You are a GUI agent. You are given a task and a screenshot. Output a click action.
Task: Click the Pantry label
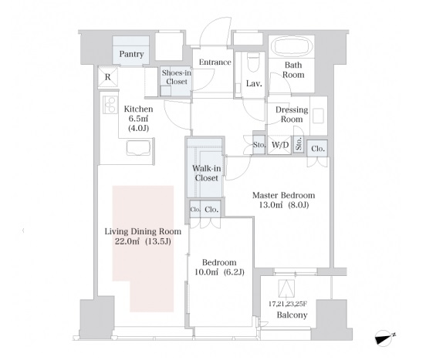pos(131,54)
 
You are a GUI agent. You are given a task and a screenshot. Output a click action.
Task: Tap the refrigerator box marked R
pos(108,77)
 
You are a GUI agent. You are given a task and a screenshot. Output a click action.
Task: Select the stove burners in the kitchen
pos(110,104)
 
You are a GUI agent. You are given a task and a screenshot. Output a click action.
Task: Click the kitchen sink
pos(138,148)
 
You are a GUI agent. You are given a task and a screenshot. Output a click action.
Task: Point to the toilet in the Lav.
pos(253,62)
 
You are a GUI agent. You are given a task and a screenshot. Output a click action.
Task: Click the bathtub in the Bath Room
pos(292,46)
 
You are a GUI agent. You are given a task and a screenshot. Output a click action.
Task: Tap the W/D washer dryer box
pos(280,145)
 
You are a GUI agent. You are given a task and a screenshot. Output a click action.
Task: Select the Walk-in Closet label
pos(207,173)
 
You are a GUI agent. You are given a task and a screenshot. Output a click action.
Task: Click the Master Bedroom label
pos(284,195)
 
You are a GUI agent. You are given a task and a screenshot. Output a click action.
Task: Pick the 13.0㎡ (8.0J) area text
pos(284,205)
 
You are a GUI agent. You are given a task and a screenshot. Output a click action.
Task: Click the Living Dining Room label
pos(143,231)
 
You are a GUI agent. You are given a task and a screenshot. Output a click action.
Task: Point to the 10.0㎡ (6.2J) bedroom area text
pos(219,272)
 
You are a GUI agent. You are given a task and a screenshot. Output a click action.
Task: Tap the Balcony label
pos(292,315)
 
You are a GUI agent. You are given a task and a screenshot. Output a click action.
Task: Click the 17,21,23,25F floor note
pos(288,304)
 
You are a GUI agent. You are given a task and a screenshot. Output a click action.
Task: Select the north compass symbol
pos(384,338)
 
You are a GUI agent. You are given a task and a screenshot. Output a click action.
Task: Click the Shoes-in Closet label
pos(177,77)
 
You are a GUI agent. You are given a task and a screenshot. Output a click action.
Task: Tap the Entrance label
pos(215,62)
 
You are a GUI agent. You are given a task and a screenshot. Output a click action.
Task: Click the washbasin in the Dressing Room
pos(318,116)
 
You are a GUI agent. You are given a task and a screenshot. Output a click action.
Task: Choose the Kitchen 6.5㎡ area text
pos(138,118)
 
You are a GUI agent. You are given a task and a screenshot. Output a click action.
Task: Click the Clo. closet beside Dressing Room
pos(318,149)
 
